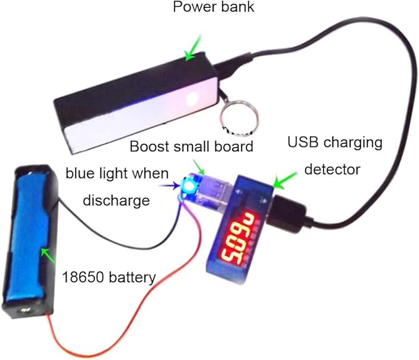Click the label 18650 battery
point(109,277)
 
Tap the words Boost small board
point(191,147)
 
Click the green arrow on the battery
point(46,253)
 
